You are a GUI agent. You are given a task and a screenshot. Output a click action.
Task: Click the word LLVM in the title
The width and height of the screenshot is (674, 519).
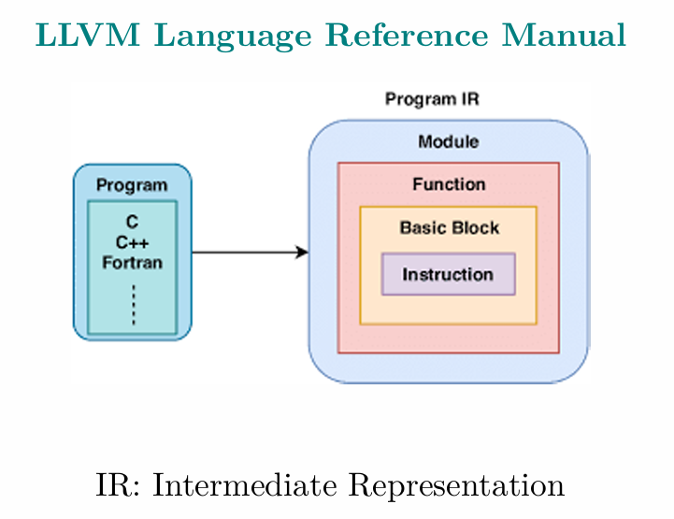pyautogui.click(x=88, y=35)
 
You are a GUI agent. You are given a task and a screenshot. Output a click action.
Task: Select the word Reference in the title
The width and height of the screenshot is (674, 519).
pyautogui.click(x=407, y=35)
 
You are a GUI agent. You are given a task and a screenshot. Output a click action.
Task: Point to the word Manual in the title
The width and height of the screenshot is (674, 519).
pyautogui.click(x=564, y=35)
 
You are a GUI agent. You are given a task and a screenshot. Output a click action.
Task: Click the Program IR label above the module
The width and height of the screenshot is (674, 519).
pyautogui.click(x=432, y=99)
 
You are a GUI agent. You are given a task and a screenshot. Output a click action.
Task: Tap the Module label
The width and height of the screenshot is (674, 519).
pyautogui.click(x=449, y=141)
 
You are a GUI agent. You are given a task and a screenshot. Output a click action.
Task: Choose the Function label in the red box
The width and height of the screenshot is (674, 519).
pyautogui.click(x=449, y=184)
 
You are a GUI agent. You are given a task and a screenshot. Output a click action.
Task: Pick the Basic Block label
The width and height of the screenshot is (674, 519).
pyautogui.click(x=450, y=227)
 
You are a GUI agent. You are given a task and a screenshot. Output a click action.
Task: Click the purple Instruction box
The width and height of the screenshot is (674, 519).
pyautogui.click(x=449, y=274)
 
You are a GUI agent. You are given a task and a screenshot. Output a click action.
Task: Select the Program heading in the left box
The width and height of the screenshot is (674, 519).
pyautogui.click(x=132, y=185)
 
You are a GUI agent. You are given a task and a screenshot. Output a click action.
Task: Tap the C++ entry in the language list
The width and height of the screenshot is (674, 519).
pyautogui.click(x=132, y=242)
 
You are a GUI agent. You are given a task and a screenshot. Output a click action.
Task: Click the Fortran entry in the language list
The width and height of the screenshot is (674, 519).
pyautogui.click(x=132, y=262)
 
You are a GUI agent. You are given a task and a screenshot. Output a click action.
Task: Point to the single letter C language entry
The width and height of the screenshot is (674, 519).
pyautogui.click(x=132, y=222)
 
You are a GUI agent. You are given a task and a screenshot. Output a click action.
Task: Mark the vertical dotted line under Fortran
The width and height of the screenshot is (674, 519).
pyautogui.click(x=134, y=305)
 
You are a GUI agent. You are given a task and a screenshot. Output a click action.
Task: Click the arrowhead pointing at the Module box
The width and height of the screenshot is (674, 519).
pyautogui.click(x=302, y=252)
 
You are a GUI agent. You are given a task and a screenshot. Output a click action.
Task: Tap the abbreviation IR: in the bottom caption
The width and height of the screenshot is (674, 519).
pyautogui.click(x=118, y=485)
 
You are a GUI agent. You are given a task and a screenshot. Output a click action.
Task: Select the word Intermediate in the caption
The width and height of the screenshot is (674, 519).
pyautogui.click(x=245, y=485)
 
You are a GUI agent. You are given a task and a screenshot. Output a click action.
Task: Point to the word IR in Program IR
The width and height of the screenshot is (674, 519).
pyautogui.click(x=470, y=99)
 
